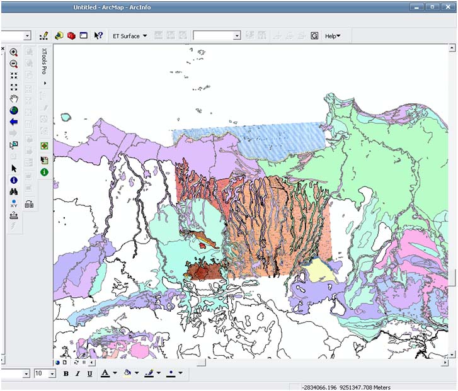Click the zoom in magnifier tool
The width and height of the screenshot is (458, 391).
click(x=13, y=53)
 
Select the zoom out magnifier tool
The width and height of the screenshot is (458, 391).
click(x=13, y=64)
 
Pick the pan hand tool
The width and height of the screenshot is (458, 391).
click(x=13, y=99)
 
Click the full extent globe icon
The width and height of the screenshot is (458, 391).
click(x=13, y=110)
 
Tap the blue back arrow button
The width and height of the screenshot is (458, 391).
click(x=13, y=122)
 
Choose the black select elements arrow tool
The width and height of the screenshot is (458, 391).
click(x=13, y=168)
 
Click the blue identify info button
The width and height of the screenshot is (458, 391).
click(x=13, y=180)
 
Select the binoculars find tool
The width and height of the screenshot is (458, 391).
click(x=13, y=191)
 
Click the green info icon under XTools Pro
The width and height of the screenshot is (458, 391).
click(x=44, y=172)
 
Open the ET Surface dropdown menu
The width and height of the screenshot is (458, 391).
click(x=130, y=36)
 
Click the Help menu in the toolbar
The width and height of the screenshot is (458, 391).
click(x=332, y=36)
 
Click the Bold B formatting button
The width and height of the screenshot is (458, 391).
click(x=66, y=373)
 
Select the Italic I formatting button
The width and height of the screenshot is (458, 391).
click(x=77, y=373)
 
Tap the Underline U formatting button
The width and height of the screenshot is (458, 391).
click(x=89, y=373)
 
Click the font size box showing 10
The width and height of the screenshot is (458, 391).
click(x=42, y=373)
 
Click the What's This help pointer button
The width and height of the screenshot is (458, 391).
click(x=98, y=36)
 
